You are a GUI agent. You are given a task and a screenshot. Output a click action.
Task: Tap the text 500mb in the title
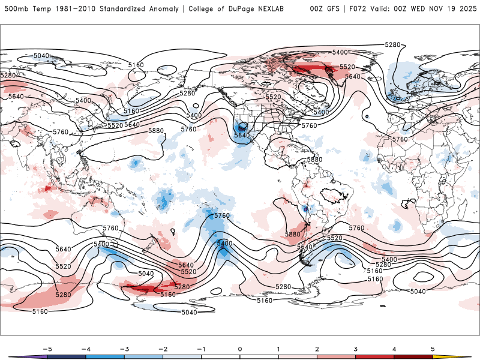14,9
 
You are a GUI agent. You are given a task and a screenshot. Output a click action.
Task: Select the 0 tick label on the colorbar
239,349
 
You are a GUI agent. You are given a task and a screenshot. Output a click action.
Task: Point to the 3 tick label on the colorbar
356,349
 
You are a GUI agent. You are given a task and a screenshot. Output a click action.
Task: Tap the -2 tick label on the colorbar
162,349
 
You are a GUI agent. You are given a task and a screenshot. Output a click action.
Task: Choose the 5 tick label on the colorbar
433,349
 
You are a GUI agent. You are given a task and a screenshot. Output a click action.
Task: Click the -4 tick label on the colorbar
85,349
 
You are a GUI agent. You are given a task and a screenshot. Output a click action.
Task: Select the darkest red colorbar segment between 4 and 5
413,356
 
